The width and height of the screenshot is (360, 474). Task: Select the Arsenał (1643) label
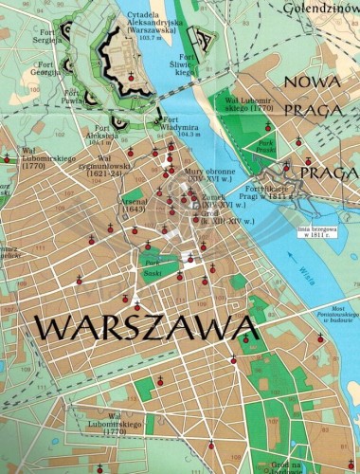click(x=132, y=203)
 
